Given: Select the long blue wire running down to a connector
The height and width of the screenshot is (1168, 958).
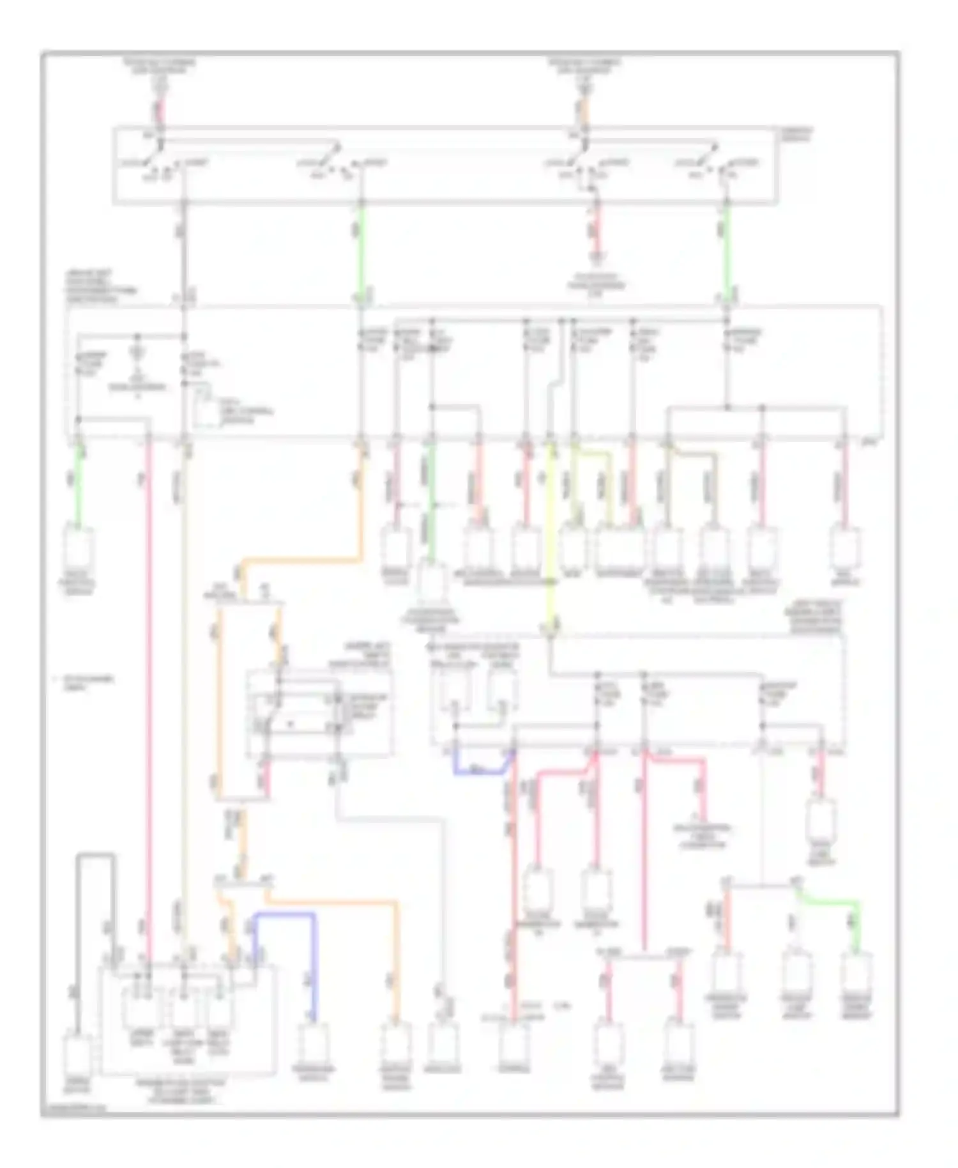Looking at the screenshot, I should [x=314, y=958].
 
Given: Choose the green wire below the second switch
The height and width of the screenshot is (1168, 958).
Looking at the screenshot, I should [x=361, y=249].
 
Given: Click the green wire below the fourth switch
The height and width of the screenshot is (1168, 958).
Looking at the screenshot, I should [x=726, y=249].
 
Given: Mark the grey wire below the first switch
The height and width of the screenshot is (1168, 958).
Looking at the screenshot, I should [x=185, y=249].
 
